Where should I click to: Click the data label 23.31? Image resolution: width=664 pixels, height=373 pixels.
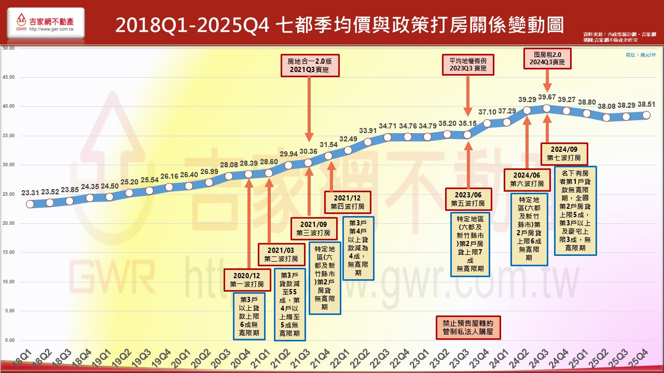(x=30, y=193)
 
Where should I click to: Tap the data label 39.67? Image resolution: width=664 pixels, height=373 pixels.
(x=547, y=97)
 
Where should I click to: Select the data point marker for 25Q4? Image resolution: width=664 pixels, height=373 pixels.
(x=646, y=115)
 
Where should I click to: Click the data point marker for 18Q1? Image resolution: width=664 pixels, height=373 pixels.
(x=30, y=204)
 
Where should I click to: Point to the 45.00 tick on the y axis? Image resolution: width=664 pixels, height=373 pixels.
(x=9, y=77)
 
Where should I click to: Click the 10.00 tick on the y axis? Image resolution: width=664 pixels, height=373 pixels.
(x=9, y=282)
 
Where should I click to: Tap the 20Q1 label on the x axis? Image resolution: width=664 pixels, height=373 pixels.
(x=185, y=357)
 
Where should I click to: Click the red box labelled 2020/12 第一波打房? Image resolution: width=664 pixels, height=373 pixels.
(x=247, y=279)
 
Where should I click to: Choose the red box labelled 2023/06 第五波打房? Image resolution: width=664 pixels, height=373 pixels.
(x=468, y=199)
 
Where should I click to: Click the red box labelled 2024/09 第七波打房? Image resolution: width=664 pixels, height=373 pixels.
(x=564, y=153)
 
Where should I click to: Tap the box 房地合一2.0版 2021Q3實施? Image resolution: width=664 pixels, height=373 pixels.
(x=309, y=65)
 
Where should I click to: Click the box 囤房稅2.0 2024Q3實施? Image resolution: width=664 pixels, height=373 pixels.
(x=548, y=58)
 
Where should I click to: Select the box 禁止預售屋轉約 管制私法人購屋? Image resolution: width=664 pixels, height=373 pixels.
(x=468, y=327)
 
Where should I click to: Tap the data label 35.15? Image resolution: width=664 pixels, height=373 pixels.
(x=468, y=123)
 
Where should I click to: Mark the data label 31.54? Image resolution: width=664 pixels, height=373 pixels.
(x=328, y=145)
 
